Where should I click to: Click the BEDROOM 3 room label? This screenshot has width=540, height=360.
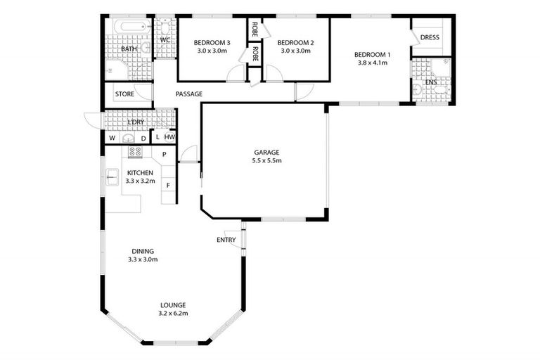[x=212, y=42]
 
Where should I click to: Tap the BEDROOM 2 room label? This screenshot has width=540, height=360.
[x=295, y=42]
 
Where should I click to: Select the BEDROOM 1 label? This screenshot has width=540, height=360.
[x=371, y=54]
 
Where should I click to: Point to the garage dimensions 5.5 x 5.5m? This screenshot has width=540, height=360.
[x=267, y=161]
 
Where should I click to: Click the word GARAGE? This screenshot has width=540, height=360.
[x=267, y=153]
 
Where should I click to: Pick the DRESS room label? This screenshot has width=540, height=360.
[x=430, y=38]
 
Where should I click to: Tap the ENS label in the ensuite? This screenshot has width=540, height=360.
[x=431, y=82]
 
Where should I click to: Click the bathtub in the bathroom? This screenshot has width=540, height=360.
[x=128, y=28]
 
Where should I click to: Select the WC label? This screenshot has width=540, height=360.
[x=165, y=40]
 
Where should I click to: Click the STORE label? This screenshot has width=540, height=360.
[x=124, y=94]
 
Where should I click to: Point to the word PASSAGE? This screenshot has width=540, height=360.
[x=189, y=94]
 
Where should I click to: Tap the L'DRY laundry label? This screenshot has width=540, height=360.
[x=136, y=122]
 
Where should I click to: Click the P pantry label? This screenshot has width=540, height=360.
[x=164, y=155]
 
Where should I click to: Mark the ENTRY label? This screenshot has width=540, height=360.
[x=226, y=240]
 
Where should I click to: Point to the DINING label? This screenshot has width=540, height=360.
[x=143, y=251]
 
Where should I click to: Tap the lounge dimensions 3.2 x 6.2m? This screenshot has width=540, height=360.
[x=172, y=314]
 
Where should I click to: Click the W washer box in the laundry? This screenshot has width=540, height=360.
[x=112, y=138]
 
